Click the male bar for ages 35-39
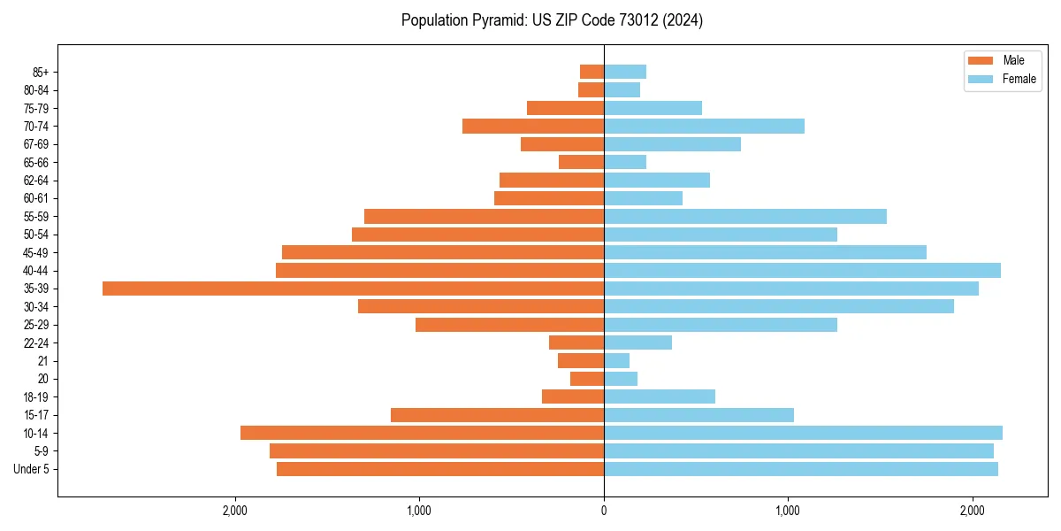353,289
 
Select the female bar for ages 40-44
802,270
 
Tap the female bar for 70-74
704,126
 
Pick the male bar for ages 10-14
422,433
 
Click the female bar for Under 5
801,469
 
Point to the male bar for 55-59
484,216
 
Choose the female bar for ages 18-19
660,396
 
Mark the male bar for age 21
581,360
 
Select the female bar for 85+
625,72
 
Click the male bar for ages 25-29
509,325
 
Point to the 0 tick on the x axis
604,511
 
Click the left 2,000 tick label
235,511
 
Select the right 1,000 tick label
788,511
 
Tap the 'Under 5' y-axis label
31,469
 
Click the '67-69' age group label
35,144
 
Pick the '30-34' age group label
35,306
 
